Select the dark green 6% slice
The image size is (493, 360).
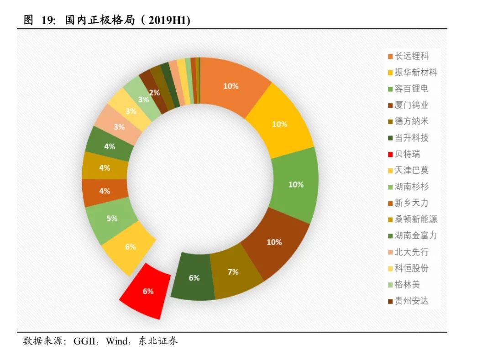[194, 277]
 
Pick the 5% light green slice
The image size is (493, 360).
[112, 219]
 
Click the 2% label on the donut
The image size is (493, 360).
[154, 93]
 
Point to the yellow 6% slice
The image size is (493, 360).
[130, 247]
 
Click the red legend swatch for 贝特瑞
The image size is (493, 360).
[390, 154]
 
